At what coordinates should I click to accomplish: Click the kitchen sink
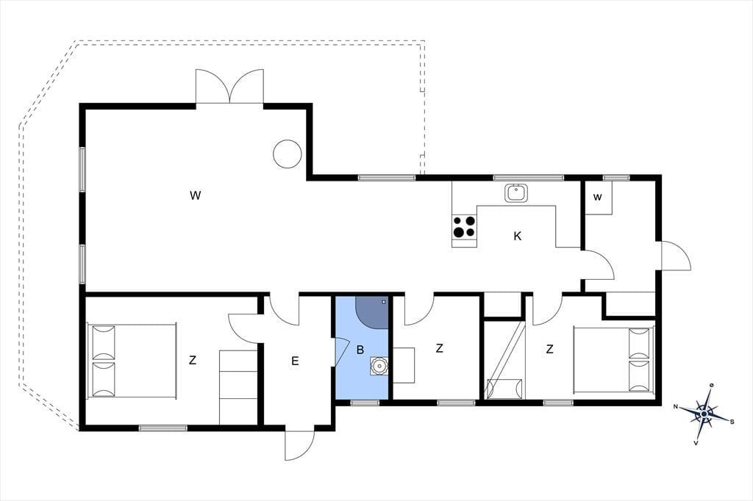click(x=516, y=193)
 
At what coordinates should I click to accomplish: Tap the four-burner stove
click(x=465, y=226)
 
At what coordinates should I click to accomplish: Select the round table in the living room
click(x=288, y=154)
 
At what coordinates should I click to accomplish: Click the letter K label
click(x=517, y=236)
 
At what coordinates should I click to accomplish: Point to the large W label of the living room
click(x=195, y=195)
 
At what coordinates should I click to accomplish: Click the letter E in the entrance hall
click(x=295, y=361)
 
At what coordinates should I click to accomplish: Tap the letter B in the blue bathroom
click(x=360, y=350)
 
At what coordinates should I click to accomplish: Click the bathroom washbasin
click(x=379, y=366)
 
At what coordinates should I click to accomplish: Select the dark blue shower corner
click(x=371, y=312)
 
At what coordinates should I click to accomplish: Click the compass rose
click(x=704, y=414)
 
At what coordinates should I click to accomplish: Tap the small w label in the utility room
click(x=597, y=197)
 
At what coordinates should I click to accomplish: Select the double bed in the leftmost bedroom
click(x=132, y=361)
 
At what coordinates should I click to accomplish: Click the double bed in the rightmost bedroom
click(x=614, y=359)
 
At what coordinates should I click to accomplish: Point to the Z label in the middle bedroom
click(x=439, y=349)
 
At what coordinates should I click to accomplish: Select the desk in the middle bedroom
click(x=404, y=364)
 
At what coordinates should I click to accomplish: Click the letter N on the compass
click(x=676, y=407)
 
